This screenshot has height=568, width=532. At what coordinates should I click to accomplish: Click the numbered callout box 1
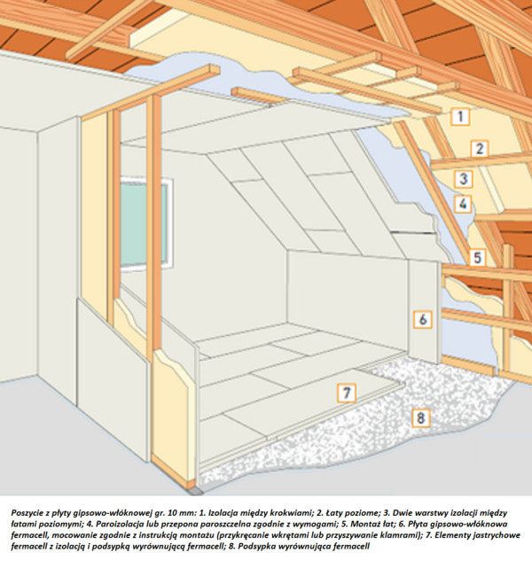[x=460, y=117]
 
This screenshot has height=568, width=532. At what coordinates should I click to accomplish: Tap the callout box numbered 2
[x=480, y=149]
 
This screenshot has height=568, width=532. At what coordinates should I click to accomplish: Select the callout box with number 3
[x=464, y=179]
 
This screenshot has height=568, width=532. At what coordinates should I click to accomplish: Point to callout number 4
[x=463, y=205]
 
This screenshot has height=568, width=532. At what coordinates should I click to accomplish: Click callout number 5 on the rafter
[x=477, y=258]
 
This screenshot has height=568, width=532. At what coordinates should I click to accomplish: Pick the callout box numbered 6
[x=423, y=320]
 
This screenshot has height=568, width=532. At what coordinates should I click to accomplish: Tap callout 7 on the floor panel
[x=347, y=393]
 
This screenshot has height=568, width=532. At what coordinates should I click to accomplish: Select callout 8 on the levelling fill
[x=420, y=418]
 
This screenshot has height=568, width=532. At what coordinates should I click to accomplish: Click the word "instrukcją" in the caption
[x=139, y=535]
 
